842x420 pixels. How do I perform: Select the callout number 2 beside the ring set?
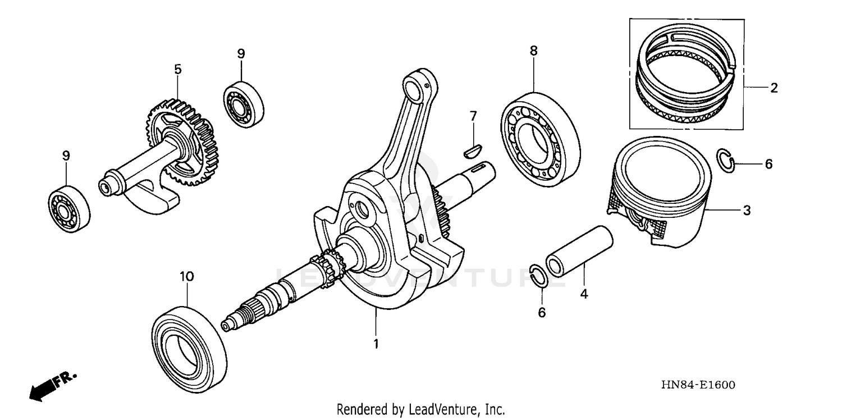pos(774,88)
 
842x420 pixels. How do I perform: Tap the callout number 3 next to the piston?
pos(747,211)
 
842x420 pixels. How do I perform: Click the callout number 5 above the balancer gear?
pos(177,70)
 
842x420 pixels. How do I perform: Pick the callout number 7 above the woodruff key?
pos(473,116)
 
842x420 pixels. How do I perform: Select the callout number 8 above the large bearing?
pos(533,51)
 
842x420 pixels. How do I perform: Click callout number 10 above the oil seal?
pos(186,277)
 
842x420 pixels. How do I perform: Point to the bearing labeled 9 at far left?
pos(68,209)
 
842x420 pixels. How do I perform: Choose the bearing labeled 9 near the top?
pos(244,103)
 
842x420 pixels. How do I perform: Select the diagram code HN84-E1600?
pos(698,385)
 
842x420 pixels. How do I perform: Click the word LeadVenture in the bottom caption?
pos(441,409)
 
